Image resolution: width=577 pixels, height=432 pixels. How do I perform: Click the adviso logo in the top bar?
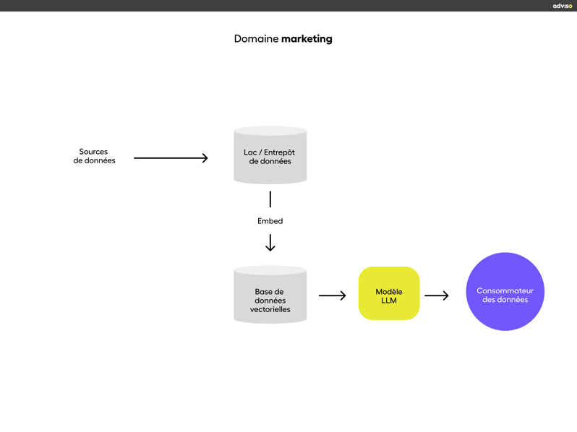click(x=562, y=6)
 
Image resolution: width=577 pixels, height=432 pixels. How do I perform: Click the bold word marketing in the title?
click(x=307, y=39)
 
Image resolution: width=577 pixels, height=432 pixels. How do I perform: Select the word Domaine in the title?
click(x=256, y=39)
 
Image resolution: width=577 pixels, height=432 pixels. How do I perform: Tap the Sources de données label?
click(x=94, y=156)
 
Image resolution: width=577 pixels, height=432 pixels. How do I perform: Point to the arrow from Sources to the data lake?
click(x=171, y=157)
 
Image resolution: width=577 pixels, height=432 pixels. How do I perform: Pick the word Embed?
click(x=270, y=221)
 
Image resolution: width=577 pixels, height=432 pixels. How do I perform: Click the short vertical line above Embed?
click(x=270, y=199)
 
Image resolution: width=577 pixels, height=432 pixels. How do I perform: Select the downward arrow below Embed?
click(x=270, y=243)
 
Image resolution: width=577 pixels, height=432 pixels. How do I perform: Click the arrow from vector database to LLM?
click(x=332, y=295)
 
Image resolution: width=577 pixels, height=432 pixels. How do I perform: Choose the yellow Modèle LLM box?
click(x=389, y=293)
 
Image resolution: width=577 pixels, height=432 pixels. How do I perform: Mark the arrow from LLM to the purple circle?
click(x=436, y=295)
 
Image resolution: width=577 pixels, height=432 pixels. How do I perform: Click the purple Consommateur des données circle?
click(x=505, y=292)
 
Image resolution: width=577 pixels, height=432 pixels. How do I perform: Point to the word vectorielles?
click(x=270, y=309)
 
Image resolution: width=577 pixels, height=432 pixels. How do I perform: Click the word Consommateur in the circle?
click(x=505, y=290)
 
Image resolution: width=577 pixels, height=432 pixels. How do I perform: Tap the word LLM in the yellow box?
click(x=389, y=301)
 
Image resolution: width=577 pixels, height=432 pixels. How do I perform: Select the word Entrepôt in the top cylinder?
click(x=279, y=152)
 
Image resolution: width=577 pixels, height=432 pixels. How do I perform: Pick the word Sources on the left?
click(x=93, y=152)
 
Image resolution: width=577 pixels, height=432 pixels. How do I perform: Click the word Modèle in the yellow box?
click(x=389, y=292)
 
